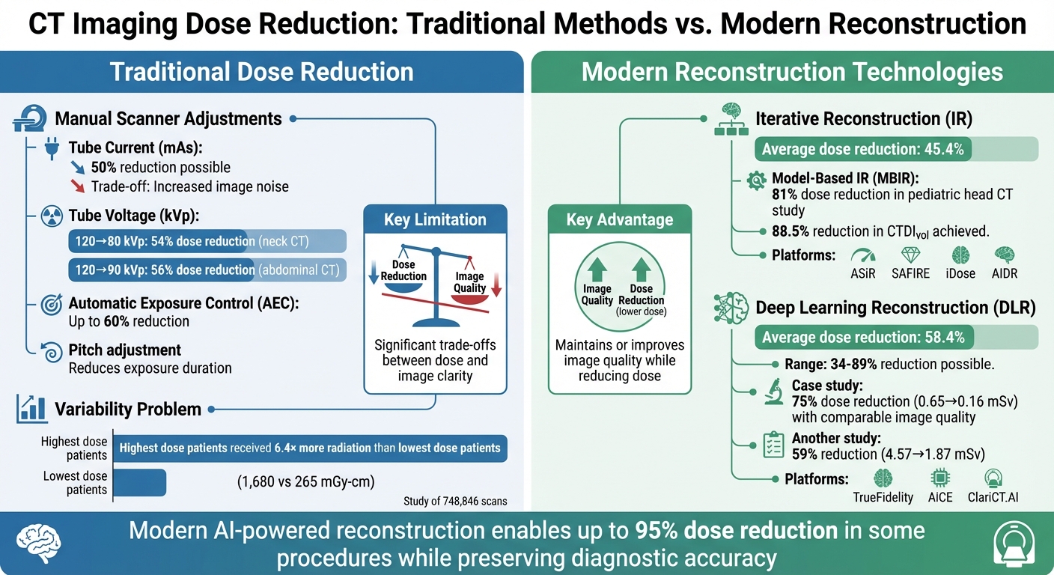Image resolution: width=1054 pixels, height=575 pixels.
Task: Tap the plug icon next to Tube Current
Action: (52, 148)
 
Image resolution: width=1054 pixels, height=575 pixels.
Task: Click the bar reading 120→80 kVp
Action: (207, 241)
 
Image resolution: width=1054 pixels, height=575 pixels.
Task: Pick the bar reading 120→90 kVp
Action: (207, 270)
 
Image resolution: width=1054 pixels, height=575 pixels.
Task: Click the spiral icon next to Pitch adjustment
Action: (52, 352)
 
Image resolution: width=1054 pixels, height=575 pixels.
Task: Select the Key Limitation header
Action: (435, 219)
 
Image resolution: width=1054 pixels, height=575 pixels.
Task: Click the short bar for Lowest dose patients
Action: (138, 483)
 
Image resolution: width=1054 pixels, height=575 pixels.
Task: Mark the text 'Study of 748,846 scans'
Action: (454, 502)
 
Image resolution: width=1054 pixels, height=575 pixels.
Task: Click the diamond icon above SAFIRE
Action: (910, 255)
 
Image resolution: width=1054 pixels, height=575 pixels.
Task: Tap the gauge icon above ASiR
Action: (862, 255)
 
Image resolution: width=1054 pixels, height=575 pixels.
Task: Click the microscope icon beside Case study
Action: (772, 393)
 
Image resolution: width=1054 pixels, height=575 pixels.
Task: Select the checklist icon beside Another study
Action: (772, 445)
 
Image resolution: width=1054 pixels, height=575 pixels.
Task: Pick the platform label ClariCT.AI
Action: (993, 496)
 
